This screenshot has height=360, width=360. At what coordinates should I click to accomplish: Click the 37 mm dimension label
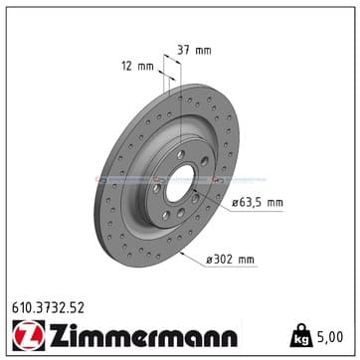pos(194,51)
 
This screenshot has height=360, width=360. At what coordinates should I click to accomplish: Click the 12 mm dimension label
pos(138,67)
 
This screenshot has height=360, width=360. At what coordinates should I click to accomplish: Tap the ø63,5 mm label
pos(258,203)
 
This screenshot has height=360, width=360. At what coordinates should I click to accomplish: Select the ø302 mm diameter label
pos(230,260)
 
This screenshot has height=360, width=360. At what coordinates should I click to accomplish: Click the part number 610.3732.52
pos(48,308)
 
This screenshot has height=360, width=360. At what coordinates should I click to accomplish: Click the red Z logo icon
pos(29,335)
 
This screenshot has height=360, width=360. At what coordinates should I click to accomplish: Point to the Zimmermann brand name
pos(143,334)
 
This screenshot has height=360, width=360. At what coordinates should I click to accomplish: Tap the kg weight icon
pos(301,335)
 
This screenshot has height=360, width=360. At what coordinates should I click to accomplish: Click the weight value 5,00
pos(329,337)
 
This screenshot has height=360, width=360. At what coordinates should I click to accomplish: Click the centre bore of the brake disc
pos(180,183)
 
